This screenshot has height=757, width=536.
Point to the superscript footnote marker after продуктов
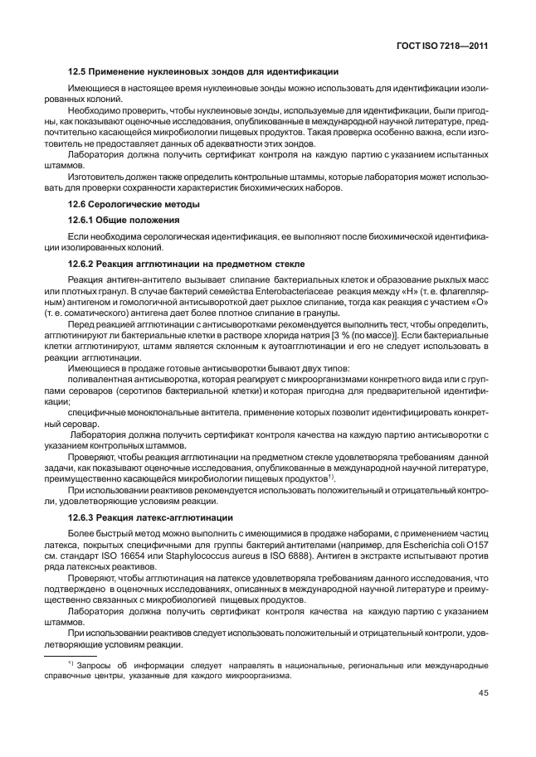coord(331,475)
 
